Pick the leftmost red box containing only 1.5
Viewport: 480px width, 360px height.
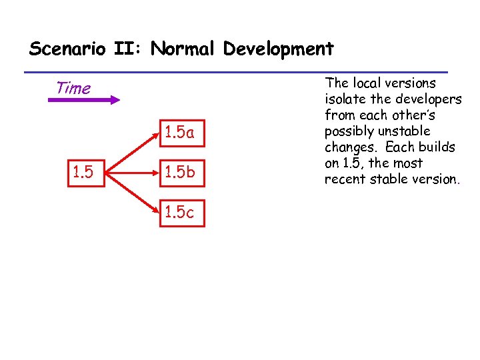(x=86, y=173)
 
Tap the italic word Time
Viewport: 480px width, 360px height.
(x=73, y=88)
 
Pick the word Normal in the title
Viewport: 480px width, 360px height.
(x=184, y=49)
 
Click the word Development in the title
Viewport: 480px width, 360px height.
(x=279, y=49)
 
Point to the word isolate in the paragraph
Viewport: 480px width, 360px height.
(x=346, y=99)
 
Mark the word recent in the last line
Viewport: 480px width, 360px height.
(x=344, y=179)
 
